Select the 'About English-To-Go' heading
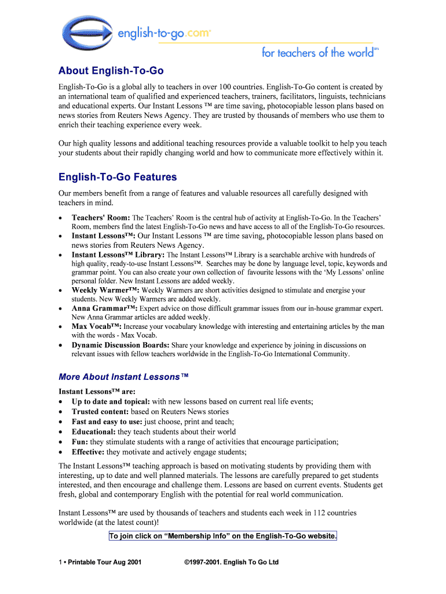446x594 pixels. tap(111, 71)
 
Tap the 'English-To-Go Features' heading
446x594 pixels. tap(118, 177)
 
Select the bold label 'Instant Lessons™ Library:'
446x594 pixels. tap(118, 255)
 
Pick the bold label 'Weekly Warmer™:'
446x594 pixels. tap(105, 290)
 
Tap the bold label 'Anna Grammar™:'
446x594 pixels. tap(104, 309)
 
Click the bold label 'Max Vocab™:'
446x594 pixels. tap(97, 327)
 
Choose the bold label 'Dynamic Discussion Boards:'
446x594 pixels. tap(120, 345)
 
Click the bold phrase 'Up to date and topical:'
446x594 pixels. tap(111, 401)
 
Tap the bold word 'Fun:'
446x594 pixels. tap(80, 441)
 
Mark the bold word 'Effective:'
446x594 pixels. tap(88, 452)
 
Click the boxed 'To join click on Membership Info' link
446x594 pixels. tap(223, 536)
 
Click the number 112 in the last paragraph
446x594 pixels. tap(319, 513)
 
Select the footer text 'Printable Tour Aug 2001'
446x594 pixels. tap(105, 562)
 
